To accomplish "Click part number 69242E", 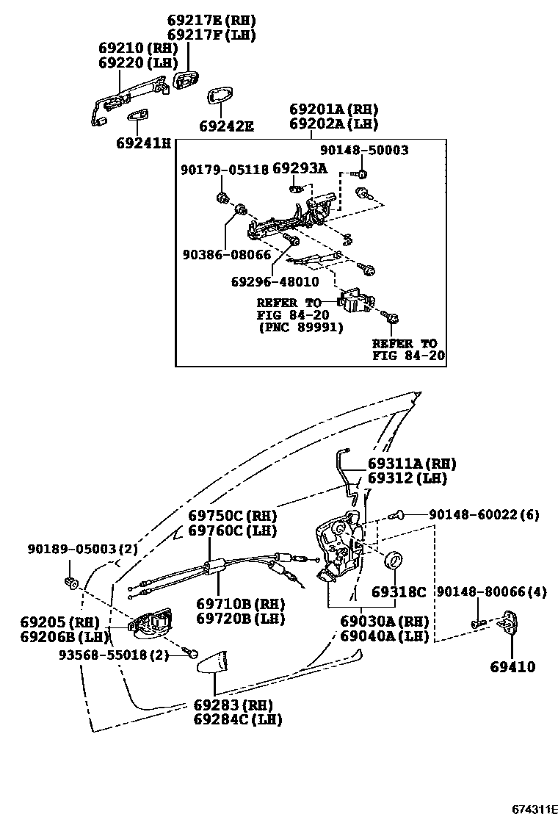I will point(226,126).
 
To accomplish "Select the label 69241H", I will point(142,143).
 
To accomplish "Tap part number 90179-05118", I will point(224,170).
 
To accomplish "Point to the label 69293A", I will point(300,168).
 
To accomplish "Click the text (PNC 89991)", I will point(300,328).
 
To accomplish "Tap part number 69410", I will point(512,668).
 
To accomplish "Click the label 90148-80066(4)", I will point(491,592).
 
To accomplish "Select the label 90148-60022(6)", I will point(485,515).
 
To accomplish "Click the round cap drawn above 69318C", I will point(396,561).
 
